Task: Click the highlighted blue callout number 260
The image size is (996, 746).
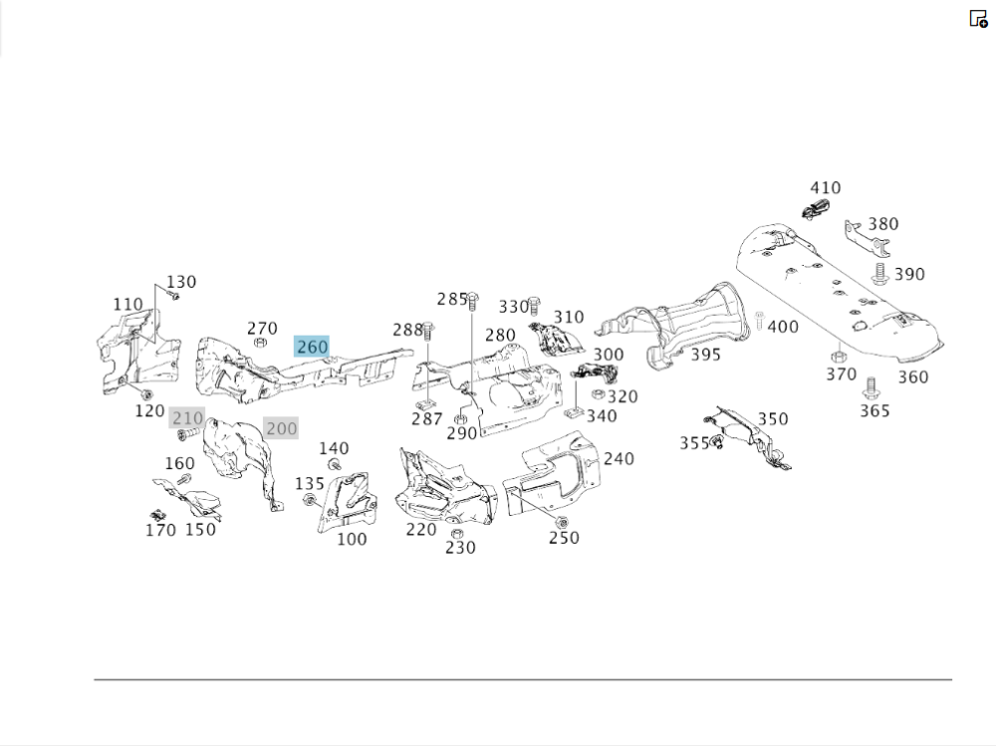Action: point(312,347)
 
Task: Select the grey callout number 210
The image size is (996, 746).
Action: point(187,417)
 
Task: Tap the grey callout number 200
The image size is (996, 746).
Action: point(281,428)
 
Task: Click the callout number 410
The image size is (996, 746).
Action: point(825,187)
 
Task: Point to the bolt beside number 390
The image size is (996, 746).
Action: point(879,272)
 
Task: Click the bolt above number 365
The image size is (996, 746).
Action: point(871,385)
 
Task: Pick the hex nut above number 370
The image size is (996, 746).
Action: point(838,356)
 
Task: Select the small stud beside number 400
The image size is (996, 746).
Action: point(758,321)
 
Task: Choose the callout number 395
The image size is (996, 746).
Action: point(705,355)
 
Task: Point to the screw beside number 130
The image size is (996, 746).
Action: point(173,295)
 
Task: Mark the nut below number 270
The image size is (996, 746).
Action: point(261,343)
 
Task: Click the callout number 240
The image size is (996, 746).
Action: point(619,458)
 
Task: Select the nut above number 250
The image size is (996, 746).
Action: point(562,522)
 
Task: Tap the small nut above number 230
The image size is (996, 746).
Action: point(456,533)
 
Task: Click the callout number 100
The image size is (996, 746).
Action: point(352,539)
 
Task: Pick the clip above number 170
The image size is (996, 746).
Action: point(157,514)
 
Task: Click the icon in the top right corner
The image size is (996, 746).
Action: point(978,18)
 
